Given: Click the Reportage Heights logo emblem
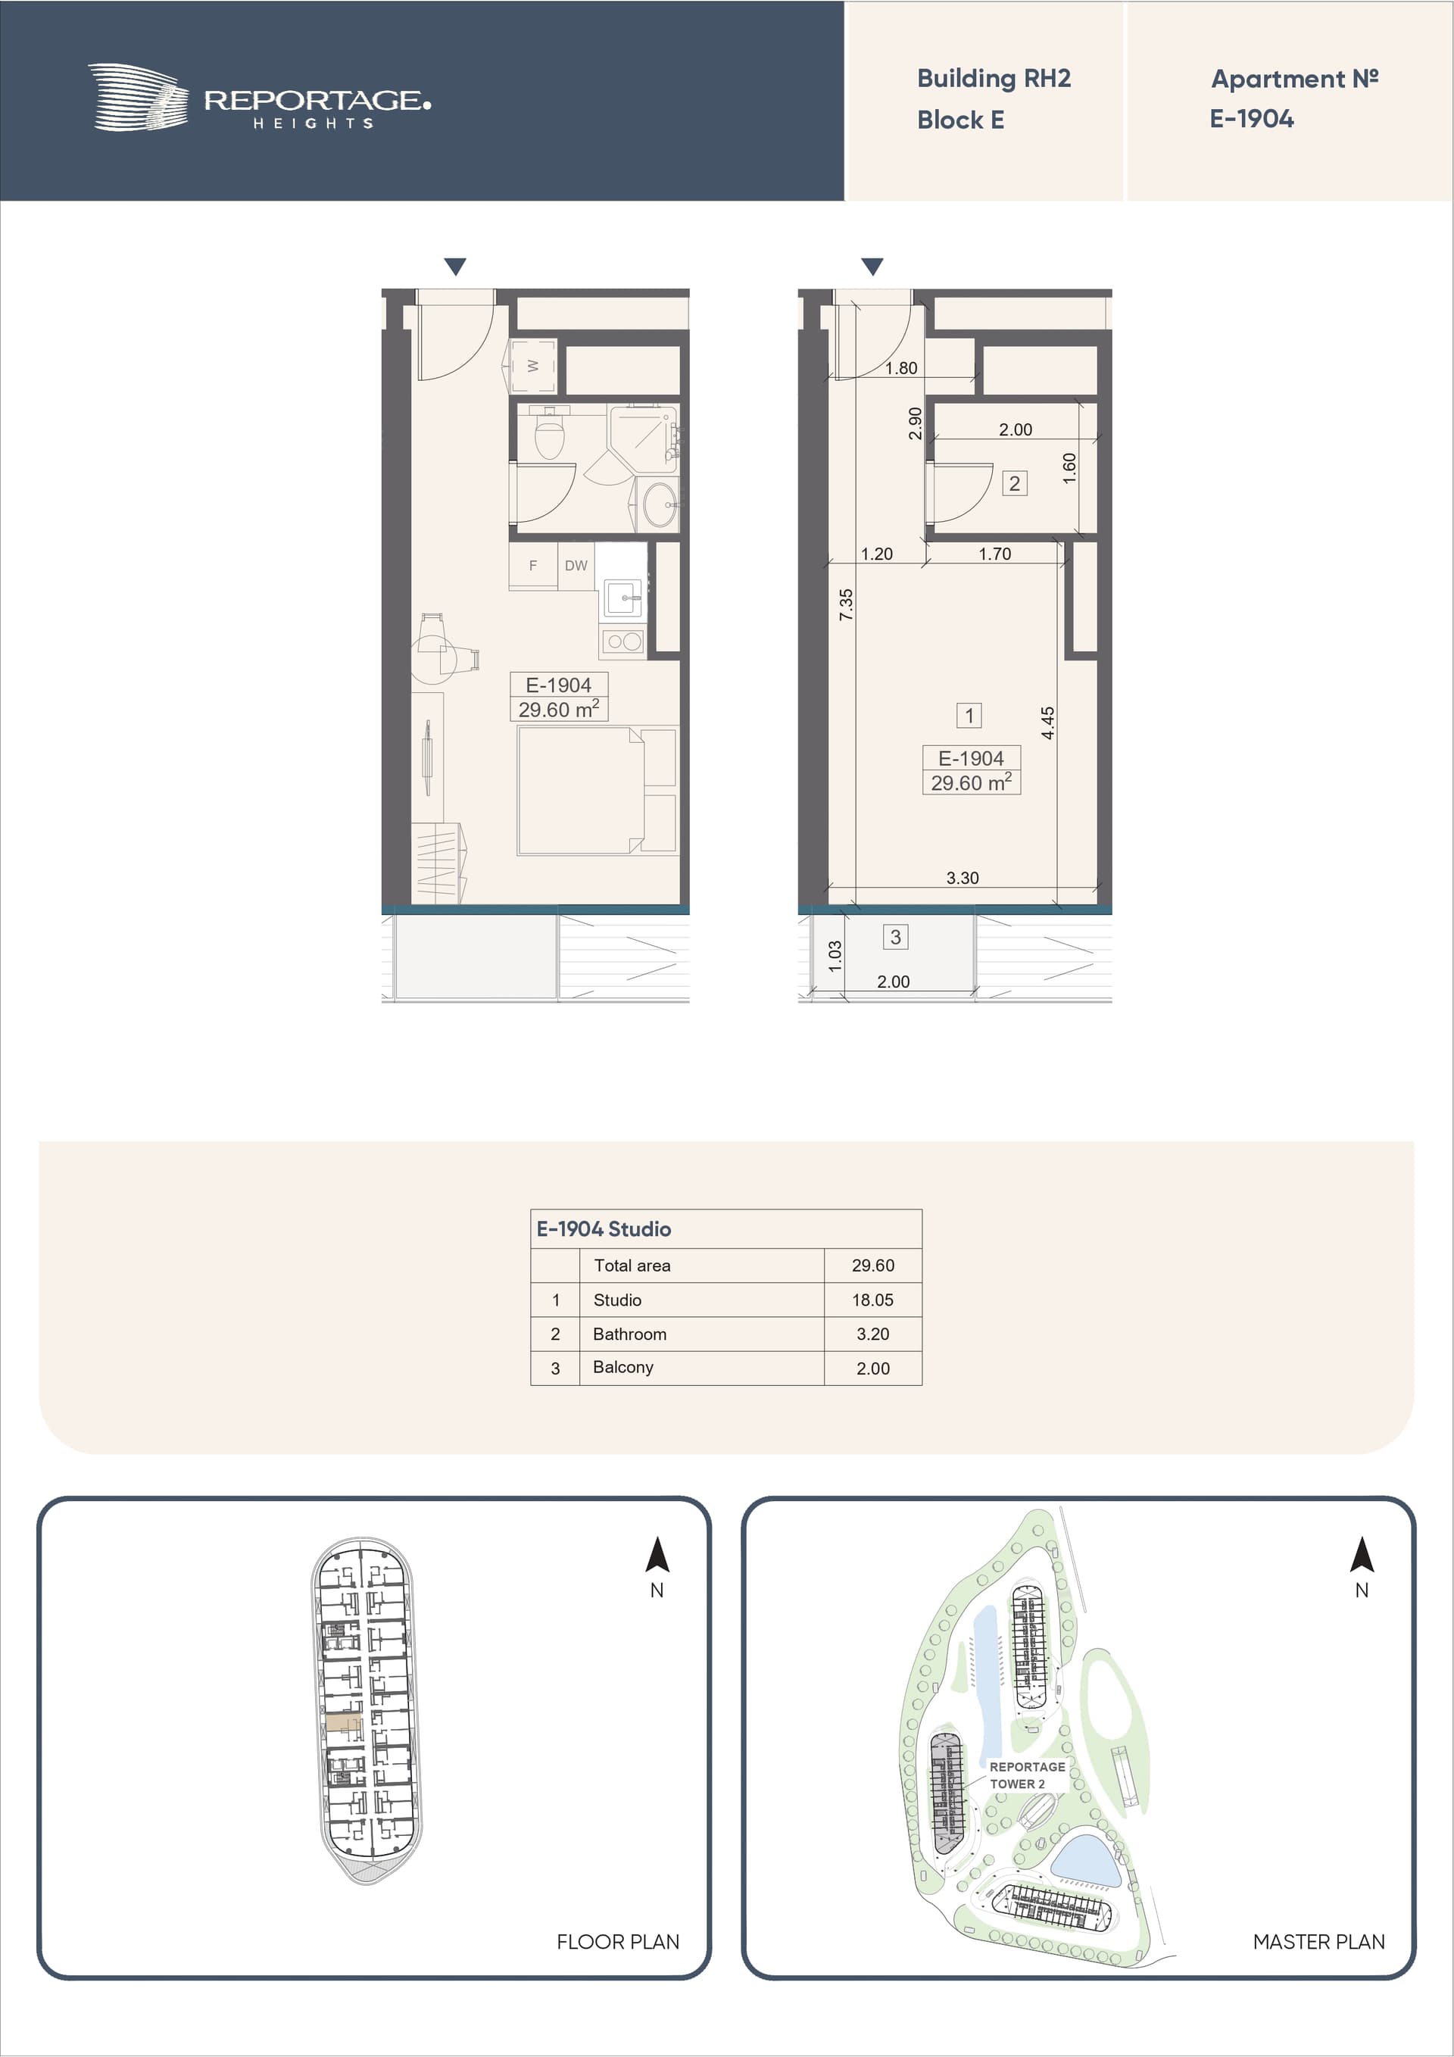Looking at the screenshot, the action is [139, 97].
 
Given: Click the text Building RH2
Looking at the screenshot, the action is [994, 79].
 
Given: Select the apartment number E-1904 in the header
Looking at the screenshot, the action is [1252, 119].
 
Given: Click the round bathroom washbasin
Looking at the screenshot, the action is [661, 505].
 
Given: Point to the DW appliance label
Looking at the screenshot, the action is [576, 565].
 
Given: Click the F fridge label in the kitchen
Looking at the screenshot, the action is [533, 565].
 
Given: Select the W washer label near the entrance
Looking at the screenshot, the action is [533, 366].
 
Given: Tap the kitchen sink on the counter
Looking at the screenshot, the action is [622, 597].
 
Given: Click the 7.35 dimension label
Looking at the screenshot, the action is [846, 604].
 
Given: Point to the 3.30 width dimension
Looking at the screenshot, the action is [963, 878].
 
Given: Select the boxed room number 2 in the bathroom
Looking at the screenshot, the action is [1014, 484].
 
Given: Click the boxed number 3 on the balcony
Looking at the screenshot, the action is [895, 937].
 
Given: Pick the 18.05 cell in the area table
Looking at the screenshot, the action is [872, 1300].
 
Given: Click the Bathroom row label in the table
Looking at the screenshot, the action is [630, 1334].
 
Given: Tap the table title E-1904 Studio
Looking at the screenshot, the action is [604, 1229].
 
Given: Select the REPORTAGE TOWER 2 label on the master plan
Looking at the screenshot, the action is [1027, 1775].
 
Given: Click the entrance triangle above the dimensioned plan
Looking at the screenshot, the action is [872, 266].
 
